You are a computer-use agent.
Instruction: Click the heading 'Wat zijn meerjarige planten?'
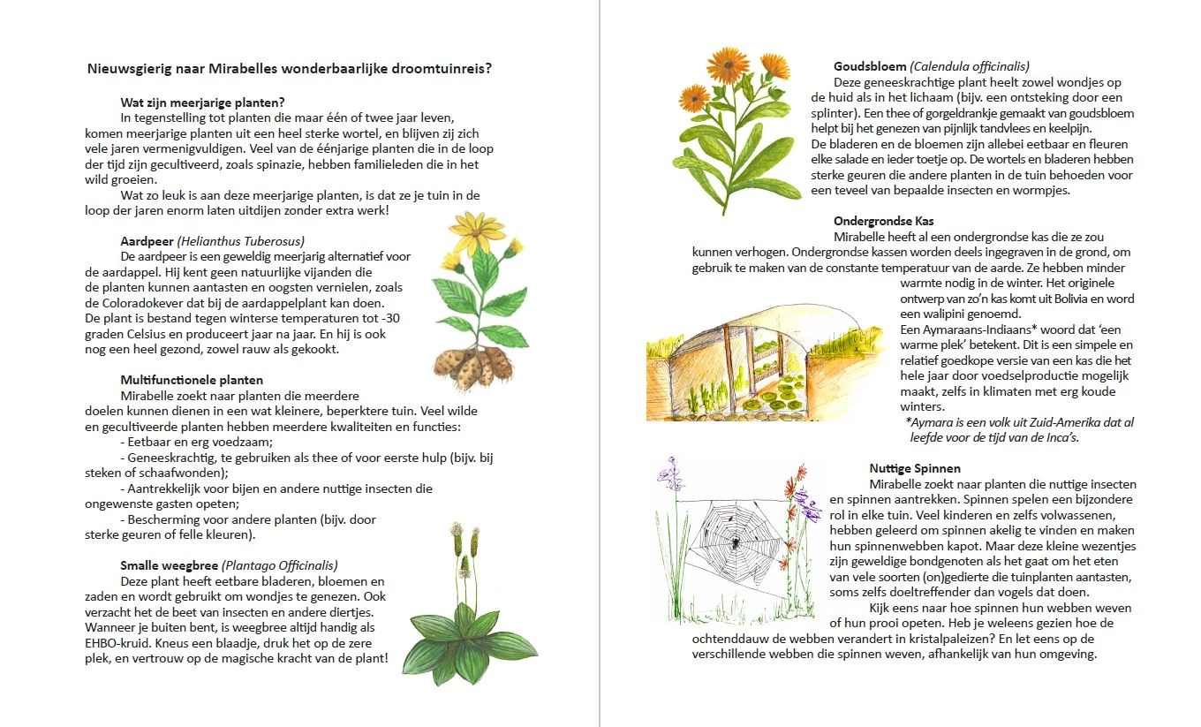tap(202, 102)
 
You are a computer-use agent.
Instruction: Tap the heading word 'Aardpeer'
tap(147, 240)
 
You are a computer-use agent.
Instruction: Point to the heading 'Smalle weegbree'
tap(169, 565)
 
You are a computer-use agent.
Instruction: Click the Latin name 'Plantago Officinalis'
tap(279, 565)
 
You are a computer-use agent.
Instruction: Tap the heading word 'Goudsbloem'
tap(870, 65)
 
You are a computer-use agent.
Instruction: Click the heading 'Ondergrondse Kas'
tap(883, 221)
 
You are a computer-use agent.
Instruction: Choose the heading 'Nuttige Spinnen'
tap(915, 468)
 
